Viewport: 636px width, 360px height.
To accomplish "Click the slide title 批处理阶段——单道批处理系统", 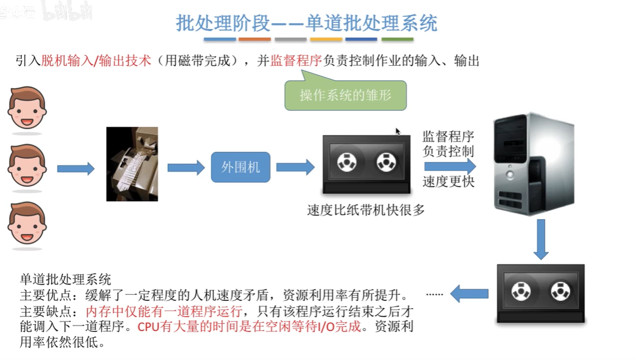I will point(307,22).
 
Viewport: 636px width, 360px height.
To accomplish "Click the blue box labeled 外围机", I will point(240,167).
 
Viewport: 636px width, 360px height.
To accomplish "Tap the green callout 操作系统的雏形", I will point(345,95).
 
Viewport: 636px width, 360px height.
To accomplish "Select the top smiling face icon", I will point(27,108).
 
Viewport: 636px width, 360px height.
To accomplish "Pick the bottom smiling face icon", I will point(27,223).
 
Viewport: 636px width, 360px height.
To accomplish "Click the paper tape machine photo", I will point(132,164).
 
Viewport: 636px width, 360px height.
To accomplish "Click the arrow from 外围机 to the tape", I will point(295,167).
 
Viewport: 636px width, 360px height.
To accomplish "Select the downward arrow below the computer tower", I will point(540,239).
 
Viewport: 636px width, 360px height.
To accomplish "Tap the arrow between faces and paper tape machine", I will point(76,168).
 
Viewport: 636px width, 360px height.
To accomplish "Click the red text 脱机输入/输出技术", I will point(96,61).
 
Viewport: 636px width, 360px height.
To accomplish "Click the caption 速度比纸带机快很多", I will point(366,211).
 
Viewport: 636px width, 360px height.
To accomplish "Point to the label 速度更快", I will point(448,182).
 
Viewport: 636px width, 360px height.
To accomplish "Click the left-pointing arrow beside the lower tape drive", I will point(469,293).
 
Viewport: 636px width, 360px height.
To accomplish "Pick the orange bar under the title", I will point(255,40).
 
